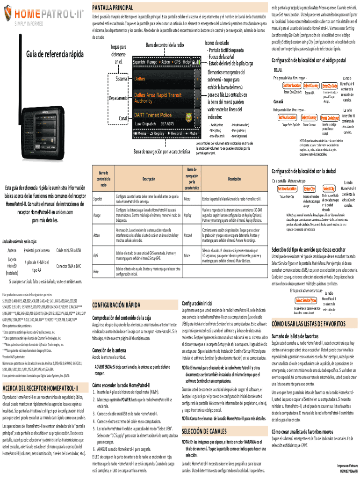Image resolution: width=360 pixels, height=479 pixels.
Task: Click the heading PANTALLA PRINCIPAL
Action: coord(114,8)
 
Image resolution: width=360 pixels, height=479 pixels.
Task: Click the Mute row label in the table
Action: coord(187,256)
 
